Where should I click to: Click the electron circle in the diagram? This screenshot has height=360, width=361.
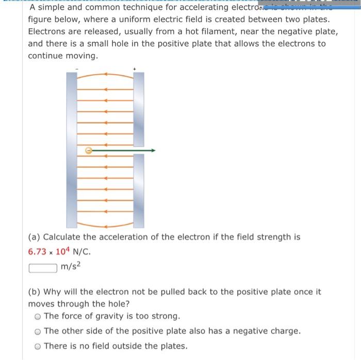tap(88, 150)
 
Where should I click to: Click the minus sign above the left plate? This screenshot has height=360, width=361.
tap(77, 69)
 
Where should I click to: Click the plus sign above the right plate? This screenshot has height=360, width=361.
tap(135, 68)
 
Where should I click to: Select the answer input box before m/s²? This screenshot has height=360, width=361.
tap(42, 267)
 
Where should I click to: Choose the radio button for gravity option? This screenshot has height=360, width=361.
tap(38, 316)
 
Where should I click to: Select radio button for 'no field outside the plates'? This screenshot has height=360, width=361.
tap(38, 346)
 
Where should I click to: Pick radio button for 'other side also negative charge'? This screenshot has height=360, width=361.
tap(38, 331)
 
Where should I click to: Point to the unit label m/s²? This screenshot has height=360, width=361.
tap(71, 266)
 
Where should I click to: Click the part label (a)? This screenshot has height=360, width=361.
tap(35, 237)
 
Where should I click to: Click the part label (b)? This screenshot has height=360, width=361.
tap(35, 292)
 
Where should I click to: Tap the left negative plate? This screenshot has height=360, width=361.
tap(72, 149)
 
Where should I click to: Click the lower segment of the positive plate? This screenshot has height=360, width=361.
tap(139, 191)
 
